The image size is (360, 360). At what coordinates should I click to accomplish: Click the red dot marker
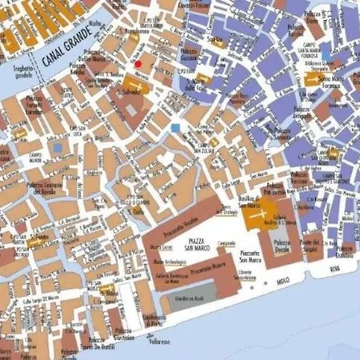pyautogui.click(x=138, y=63)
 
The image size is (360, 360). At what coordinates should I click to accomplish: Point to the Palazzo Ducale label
pyautogui.click(x=282, y=246)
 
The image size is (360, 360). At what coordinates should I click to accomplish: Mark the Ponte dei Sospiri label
pyautogui.click(x=309, y=243)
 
